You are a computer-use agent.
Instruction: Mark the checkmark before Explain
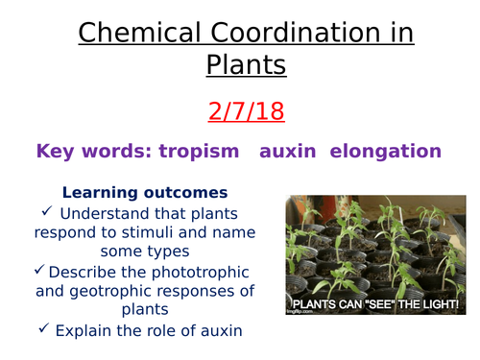tap(43, 331)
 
